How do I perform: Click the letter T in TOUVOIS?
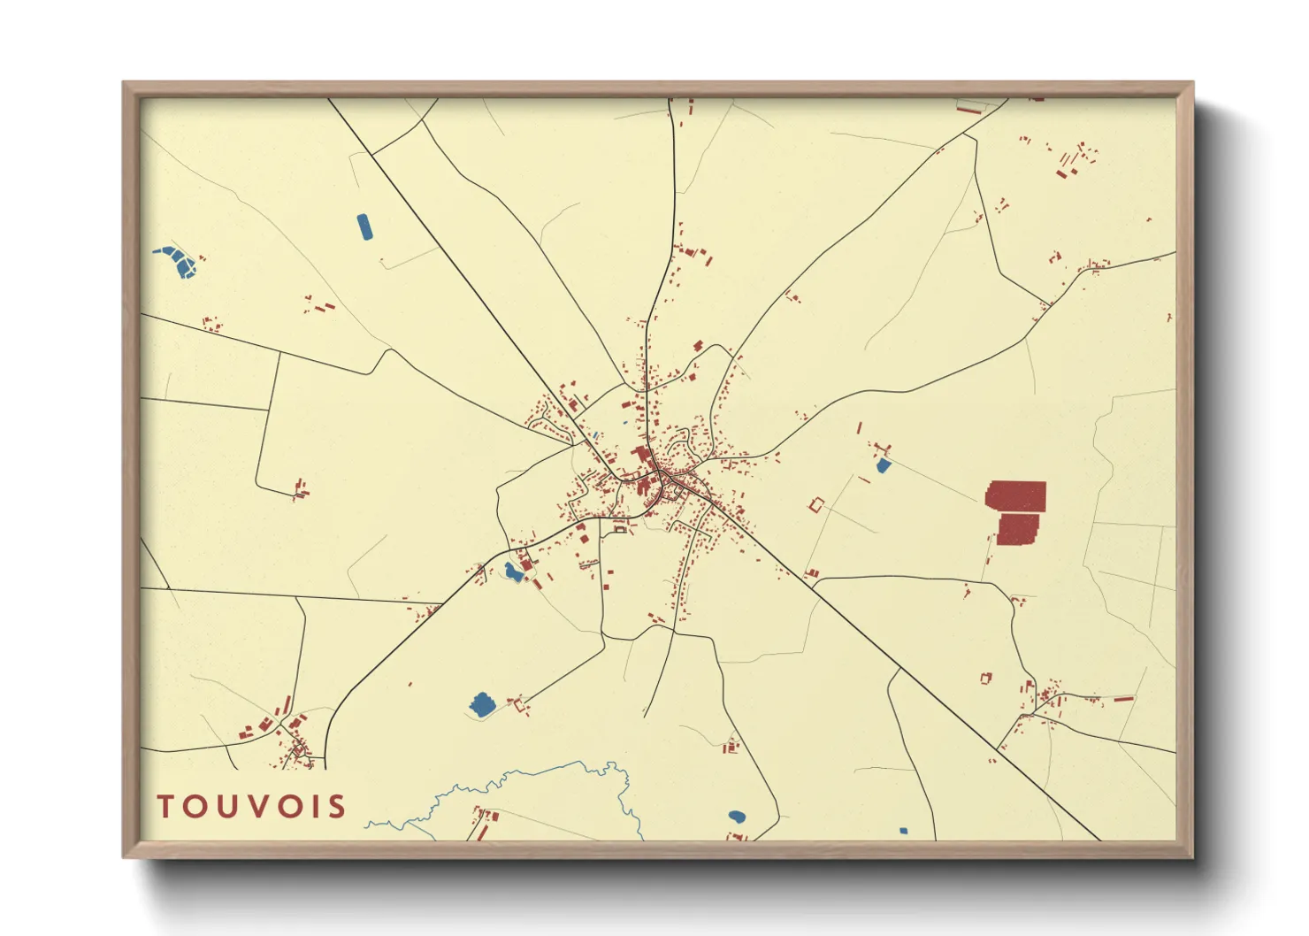point(166,806)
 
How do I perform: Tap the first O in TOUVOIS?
point(194,806)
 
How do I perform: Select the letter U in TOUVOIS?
point(223,806)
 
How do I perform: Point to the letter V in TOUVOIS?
point(252,806)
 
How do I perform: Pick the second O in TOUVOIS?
point(283,806)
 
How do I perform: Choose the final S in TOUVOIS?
point(334,806)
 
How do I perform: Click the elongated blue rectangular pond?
point(364,226)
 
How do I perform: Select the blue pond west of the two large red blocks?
point(883,465)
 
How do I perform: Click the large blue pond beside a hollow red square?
point(482,704)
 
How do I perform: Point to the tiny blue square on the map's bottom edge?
point(903,831)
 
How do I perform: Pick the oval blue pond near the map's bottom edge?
point(737,817)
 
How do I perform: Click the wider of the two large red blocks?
point(1016,496)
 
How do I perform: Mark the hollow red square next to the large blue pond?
point(518,704)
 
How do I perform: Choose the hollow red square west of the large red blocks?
point(816,505)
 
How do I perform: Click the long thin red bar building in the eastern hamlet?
point(1123,699)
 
